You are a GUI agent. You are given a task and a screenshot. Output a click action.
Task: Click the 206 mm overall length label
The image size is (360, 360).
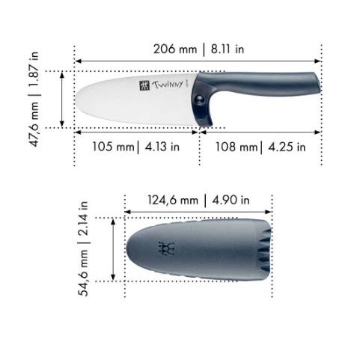point(175,49)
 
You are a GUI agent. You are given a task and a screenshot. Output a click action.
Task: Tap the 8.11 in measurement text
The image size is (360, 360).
point(228,49)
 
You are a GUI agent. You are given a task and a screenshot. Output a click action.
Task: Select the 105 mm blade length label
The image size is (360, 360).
point(113,147)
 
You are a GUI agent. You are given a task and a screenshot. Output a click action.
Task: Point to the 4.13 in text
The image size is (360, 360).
point(162,147)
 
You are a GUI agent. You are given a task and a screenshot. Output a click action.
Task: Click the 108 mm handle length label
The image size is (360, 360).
point(237,147)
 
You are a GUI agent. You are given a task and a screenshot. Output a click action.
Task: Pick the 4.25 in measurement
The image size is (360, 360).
point(287,147)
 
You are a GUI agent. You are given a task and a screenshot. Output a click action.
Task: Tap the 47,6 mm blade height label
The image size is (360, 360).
point(34,124)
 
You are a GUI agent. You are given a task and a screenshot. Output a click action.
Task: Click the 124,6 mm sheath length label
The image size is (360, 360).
point(173,201)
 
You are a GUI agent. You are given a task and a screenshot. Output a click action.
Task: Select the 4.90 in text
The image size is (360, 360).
point(231,201)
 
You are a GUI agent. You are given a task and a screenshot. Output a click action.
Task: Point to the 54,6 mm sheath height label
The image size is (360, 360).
point(83,272)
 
